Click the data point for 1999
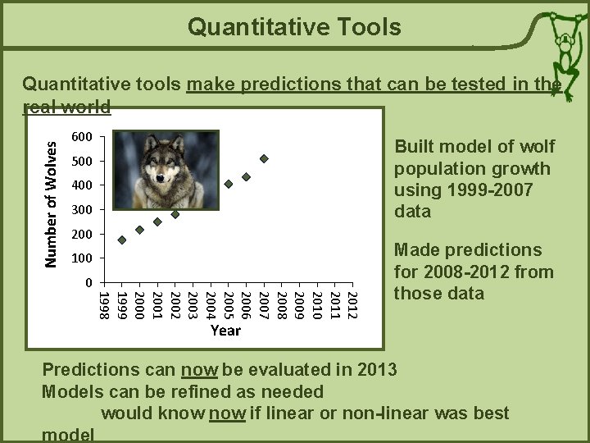tap(122, 240)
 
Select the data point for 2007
tap(264, 158)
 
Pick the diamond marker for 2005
tap(229, 184)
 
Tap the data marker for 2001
tap(157, 221)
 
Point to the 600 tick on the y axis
tap(82, 136)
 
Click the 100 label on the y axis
tap(82, 258)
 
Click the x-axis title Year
tap(225, 330)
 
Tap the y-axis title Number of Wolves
tap(51, 203)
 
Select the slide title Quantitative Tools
tap(294, 27)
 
